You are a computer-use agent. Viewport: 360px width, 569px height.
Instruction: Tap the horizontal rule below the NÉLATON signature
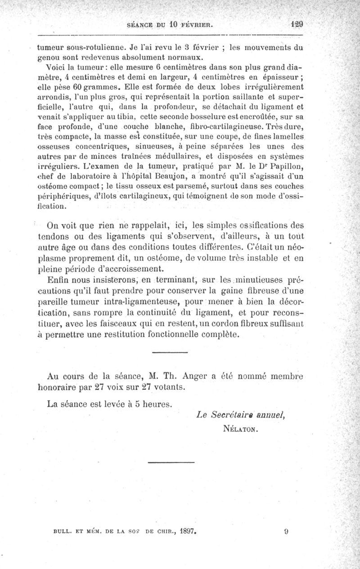171,461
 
